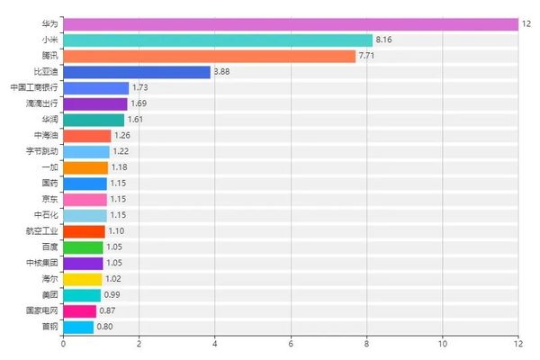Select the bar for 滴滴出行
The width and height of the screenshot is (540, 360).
tap(95, 104)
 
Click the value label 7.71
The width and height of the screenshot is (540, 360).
tap(367, 56)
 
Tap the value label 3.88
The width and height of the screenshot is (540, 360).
tap(222, 72)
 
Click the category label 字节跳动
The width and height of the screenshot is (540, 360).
tap(41, 151)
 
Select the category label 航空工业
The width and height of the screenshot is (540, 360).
tap(41, 230)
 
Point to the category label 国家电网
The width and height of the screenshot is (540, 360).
tap(41, 310)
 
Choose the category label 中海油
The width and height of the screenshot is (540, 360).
tap(46, 135)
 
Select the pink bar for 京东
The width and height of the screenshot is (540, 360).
tap(85, 199)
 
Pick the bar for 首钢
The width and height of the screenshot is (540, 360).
tap(78, 327)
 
